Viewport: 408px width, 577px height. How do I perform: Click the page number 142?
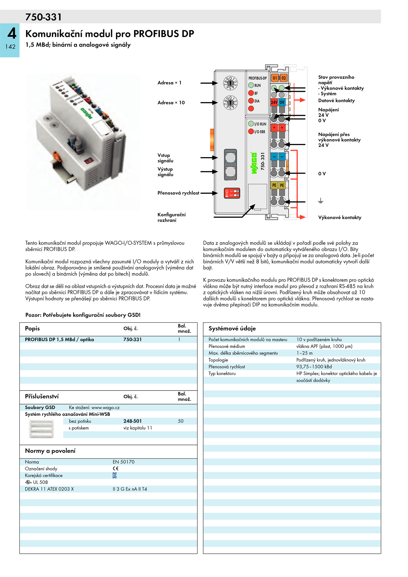pyautogui.click(x=10, y=47)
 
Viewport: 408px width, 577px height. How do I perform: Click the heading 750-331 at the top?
pyautogui.click(x=43, y=17)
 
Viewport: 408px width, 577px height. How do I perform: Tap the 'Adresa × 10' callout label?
pyautogui.click(x=171, y=102)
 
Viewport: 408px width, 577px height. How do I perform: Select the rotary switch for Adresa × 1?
pyautogui.click(x=230, y=83)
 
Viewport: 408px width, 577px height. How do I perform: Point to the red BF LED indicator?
pyautogui.click(x=251, y=93)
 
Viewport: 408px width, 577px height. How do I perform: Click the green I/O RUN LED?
pyautogui.click(x=251, y=124)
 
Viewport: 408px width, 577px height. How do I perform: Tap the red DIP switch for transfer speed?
pyautogui.click(x=232, y=193)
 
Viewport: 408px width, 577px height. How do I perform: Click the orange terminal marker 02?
pyautogui.click(x=283, y=78)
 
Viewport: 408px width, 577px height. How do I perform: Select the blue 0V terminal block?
pyautogui.click(x=282, y=102)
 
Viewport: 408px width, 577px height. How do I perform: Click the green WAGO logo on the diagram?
pyautogui.click(x=254, y=163)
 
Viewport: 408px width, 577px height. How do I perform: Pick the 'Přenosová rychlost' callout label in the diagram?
pyautogui.click(x=178, y=193)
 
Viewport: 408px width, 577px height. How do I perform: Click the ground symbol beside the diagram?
pyautogui.click(x=321, y=201)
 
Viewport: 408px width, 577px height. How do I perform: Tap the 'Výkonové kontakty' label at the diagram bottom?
pyautogui.click(x=340, y=217)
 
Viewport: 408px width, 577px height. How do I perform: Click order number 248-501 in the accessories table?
pyautogui.click(x=132, y=421)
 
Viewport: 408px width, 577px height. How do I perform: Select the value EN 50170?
pyautogui.click(x=123, y=462)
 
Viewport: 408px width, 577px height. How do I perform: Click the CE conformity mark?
pyautogui.click(x=116, y=468)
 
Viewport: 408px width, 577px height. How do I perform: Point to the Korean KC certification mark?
pyautogui.click(x=115, y=475)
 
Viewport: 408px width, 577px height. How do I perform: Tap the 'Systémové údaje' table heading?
pyautogui.click(x=232, y=328)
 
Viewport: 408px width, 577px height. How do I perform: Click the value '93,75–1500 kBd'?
pyautogui.click(x=314, y=367)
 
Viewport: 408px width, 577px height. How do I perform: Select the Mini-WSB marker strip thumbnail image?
pyautogui.click(x=42, y=429)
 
